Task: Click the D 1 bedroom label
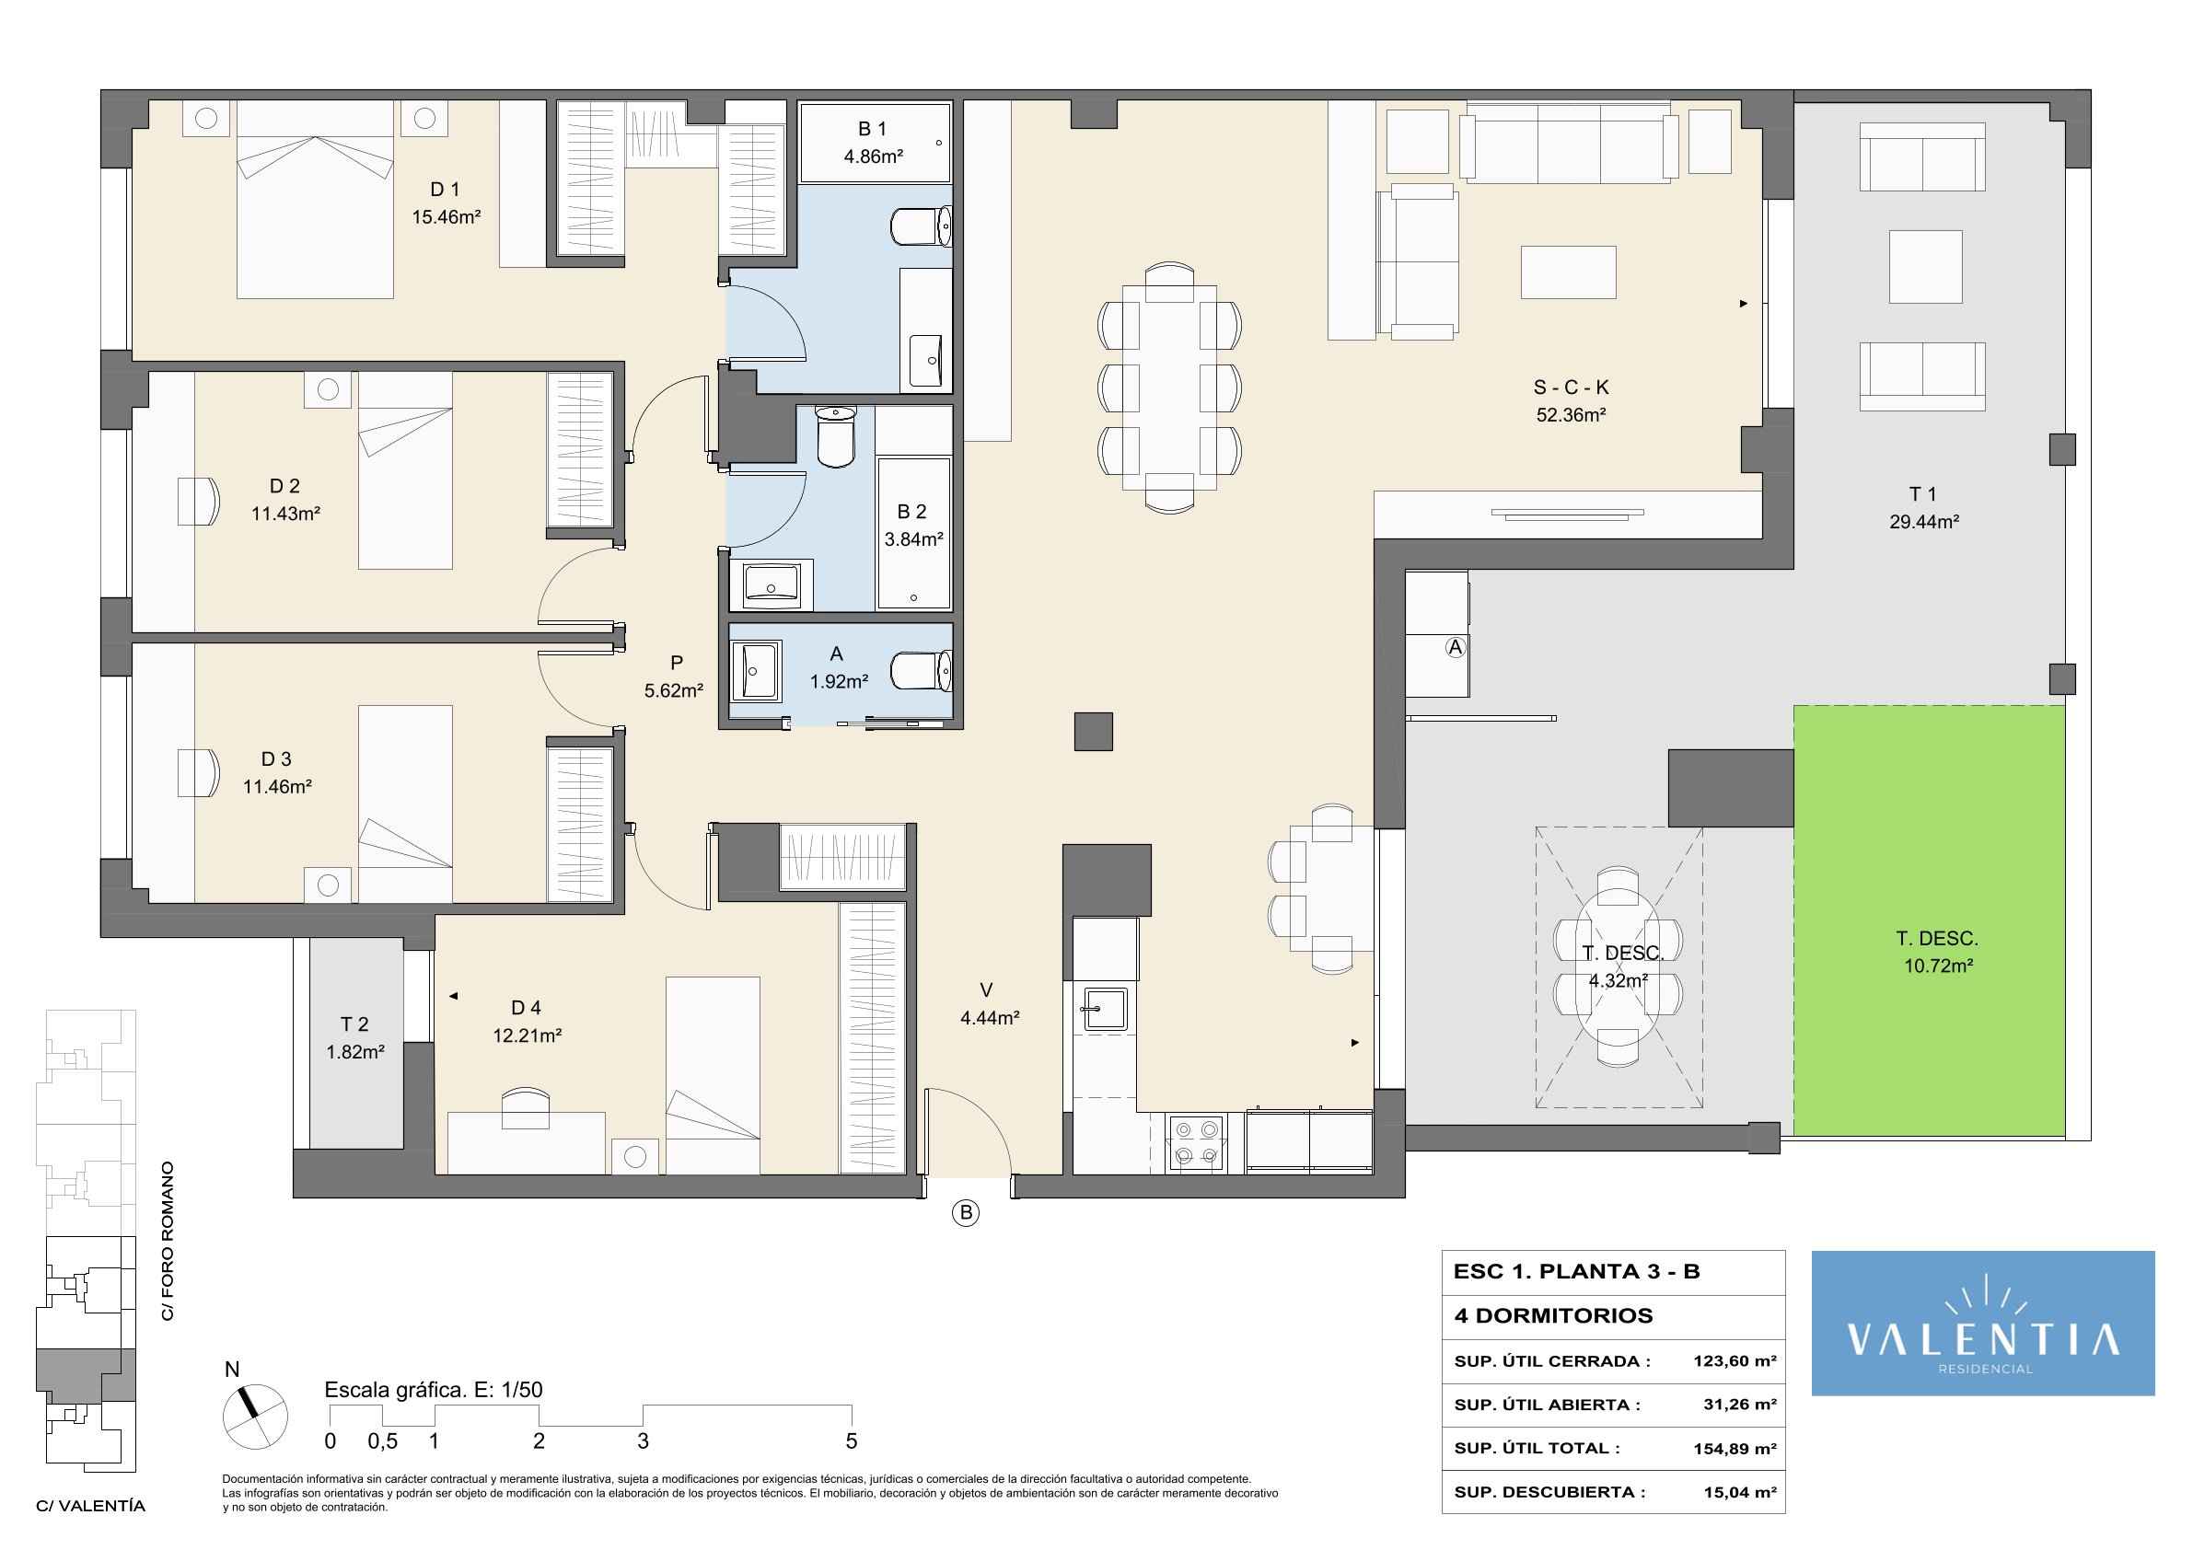tap(445, 189)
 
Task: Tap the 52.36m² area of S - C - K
tap(1571, 414)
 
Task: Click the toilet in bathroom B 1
tap(921, 226)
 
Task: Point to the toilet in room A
tap(921, 670)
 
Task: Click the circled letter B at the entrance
tap(966, 1213)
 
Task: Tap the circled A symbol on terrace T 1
tap(1455, 647)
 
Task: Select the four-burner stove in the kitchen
tap(1198, 1143)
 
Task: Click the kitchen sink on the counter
tap(1105, 1009)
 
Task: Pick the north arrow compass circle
tap(255, 1417)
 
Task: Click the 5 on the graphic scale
tap(851, 1441)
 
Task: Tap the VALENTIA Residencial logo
tap(1983, 1324)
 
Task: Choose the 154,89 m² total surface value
tap(1735, 1449)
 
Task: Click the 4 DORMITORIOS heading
tap(1553, 1316)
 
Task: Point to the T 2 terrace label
tap(354, 1024)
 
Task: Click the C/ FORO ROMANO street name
tap(168, 1241)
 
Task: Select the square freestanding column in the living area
tap(1094, 732)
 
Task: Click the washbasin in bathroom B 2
tap(772, 584)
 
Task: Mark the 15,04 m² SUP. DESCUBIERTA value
tap(1739, 1493)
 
